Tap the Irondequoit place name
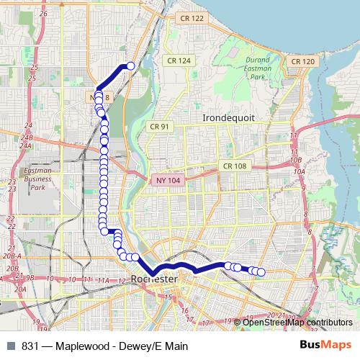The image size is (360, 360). click(228, 117)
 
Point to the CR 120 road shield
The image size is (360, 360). click(301, 62)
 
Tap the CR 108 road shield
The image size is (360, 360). click(234, 166)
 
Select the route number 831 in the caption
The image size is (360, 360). click(30, 346)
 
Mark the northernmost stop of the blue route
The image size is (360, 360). click(131, 66)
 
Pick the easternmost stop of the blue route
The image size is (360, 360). click(261, 272)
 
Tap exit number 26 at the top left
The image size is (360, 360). click(43, 14)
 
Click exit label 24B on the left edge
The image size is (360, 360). click(27, 137)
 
